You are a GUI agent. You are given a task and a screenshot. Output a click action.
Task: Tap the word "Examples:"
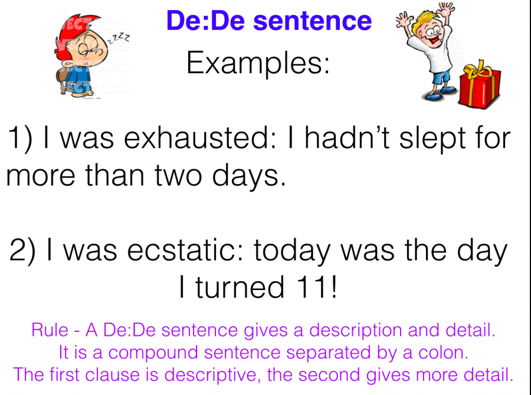[258, 64]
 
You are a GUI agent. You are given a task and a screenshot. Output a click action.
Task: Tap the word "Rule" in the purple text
[50, 330]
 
